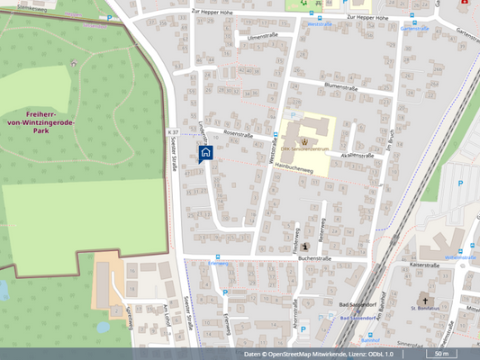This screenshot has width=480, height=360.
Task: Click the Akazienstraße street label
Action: click(358, 155)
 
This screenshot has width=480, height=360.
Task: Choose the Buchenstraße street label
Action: click(315, 257)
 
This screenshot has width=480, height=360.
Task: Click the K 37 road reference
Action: click(173, 132)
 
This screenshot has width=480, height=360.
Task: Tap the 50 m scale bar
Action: click(441, 354)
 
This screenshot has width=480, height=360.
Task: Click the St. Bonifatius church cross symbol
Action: click(426, 299)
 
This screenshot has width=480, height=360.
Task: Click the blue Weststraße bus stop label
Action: click(322, 24)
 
